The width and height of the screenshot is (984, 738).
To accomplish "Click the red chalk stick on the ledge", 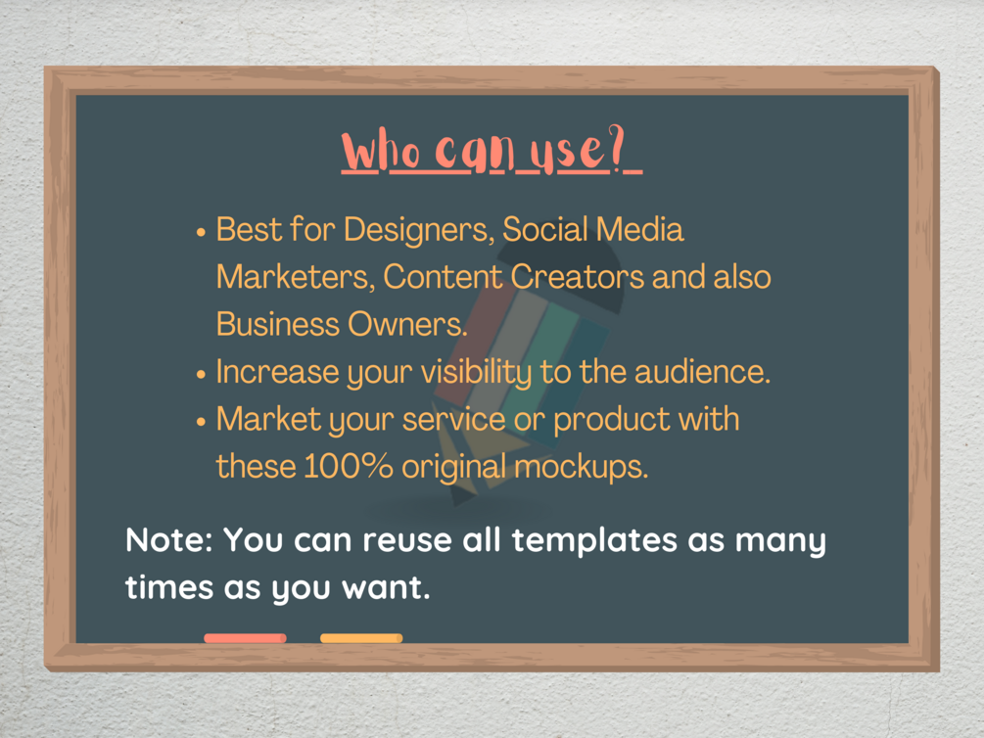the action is click(245, 638).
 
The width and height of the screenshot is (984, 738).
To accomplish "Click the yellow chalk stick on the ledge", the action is click(361, 638).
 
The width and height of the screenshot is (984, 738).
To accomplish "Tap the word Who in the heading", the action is click(381, 151).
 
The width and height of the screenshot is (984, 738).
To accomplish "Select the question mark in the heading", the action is click(617, 152).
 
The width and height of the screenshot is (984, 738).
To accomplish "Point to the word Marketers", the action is click(296, 277).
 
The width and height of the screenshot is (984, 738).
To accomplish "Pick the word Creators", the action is click(577, 277).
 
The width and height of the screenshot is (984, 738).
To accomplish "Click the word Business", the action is click(278, 324).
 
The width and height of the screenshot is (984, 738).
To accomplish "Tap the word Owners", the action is click(408, 324).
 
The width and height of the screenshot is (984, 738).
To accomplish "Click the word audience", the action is click(702, 372).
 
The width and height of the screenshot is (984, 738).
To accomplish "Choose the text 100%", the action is click(349, 466).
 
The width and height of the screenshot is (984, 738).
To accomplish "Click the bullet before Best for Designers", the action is click(201, 232).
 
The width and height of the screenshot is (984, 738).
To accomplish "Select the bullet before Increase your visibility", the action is click(201, 375).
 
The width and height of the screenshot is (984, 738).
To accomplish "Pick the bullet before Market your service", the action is click(201, 422).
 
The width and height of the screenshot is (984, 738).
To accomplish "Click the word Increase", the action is click(278, 372).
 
